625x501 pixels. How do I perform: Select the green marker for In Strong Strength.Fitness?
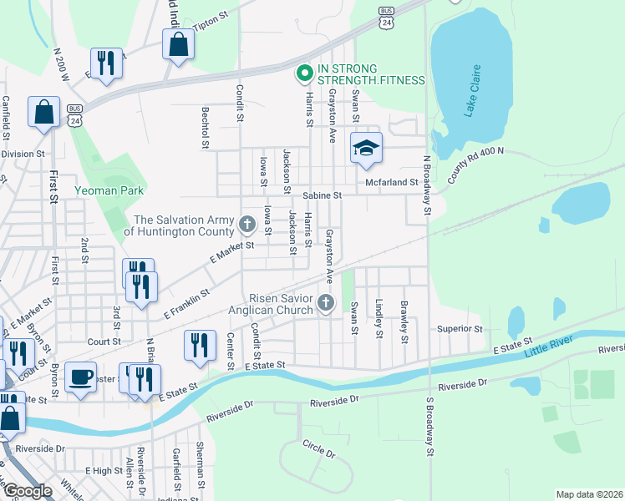(x=305, y=74)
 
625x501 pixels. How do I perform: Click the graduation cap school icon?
(x=366, y=148)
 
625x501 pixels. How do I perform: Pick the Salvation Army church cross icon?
(x=246, y=224)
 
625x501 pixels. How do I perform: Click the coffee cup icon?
(x=81, y=377)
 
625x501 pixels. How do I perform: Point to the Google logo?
(x=28, y=491)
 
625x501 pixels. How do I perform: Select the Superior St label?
(x=460, y=329)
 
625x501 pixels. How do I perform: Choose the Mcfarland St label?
(x=390, y=182)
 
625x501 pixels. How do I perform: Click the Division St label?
(x=23, y=154)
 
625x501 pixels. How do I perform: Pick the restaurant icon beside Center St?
(x=199, y=345)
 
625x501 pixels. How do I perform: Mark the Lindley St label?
(x=379, y=319)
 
